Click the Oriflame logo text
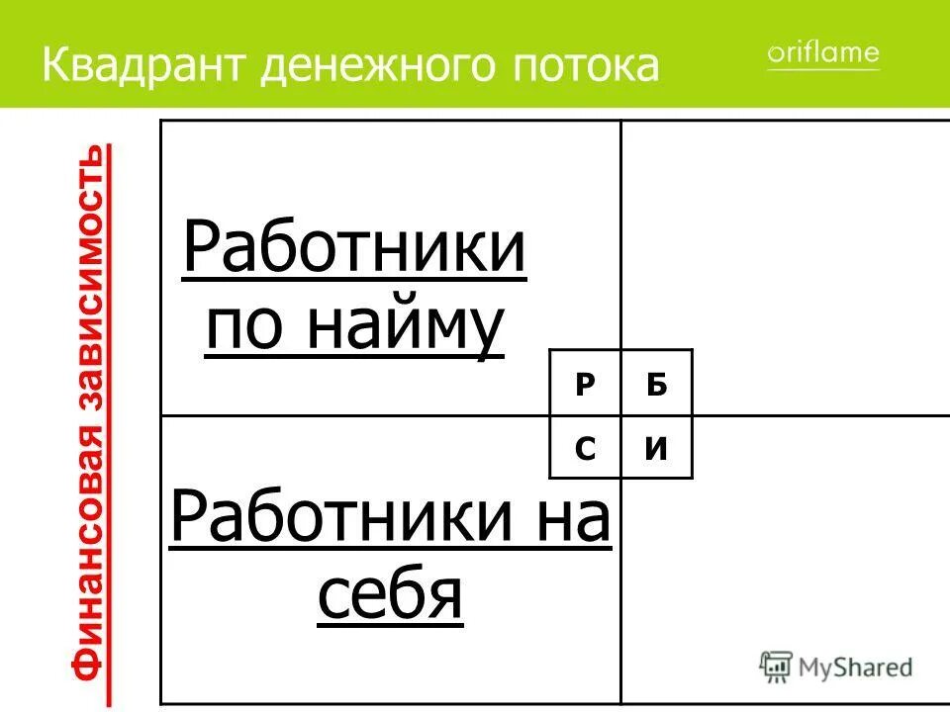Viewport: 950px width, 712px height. click(822, 53)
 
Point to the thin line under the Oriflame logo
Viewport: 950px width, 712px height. click(822, 70)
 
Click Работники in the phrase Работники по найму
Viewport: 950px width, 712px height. click(354, 252)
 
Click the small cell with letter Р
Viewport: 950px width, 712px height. click(585, 385)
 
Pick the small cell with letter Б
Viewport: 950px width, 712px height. click(656, 385)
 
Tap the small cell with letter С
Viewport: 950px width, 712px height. click(585, 448)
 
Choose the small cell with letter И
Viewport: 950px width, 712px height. click(656, 448)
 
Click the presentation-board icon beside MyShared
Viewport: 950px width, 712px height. click(776, 667)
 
